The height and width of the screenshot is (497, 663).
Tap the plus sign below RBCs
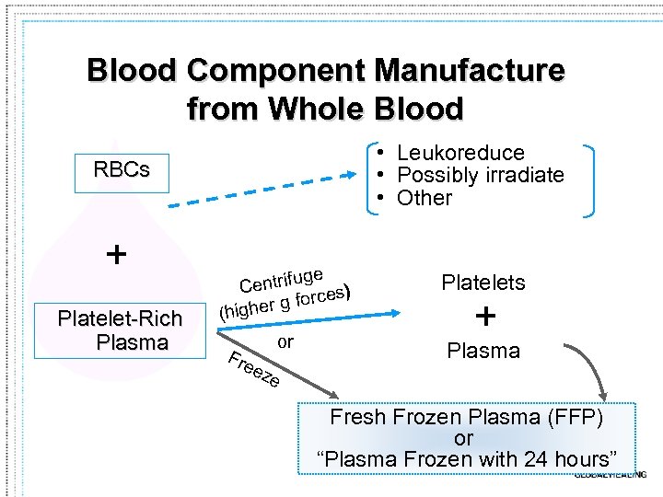[116, 254]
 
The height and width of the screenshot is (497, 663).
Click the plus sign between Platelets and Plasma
[484, 317]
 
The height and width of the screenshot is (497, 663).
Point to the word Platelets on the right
[483, 283]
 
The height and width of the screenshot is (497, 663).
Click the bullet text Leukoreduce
[460, 153]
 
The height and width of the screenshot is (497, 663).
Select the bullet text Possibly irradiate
[480, 175]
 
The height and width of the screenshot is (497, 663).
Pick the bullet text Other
[425, 198]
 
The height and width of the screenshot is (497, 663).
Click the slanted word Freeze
[253, 367]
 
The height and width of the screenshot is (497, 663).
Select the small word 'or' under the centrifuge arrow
[285, 342]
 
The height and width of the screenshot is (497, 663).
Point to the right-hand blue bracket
[589, 179]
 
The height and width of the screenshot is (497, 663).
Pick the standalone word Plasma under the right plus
[483, 351]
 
